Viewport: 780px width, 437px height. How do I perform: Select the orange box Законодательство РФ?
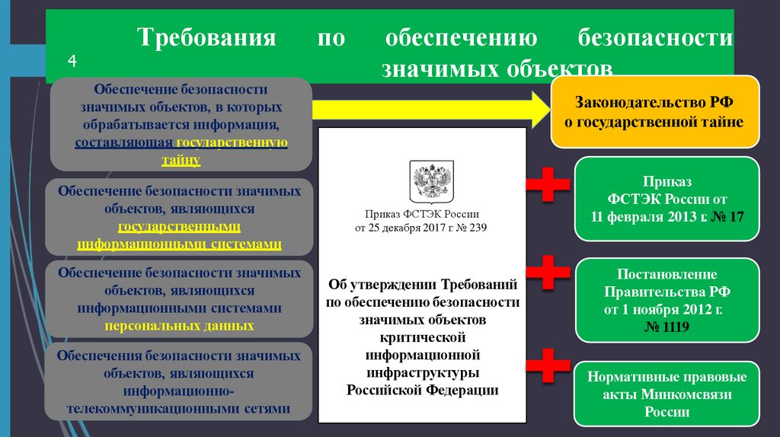(x=654, y=111)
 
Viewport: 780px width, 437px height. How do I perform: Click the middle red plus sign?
(x=547, y=273)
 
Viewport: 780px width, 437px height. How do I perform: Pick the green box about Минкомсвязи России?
(x=667, y=394)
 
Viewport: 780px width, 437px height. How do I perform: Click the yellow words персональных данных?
(x=180, y=325)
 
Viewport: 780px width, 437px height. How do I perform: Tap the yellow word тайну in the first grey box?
(x=181, y=158)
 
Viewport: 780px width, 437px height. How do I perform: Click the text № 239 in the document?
(x=469, y=228)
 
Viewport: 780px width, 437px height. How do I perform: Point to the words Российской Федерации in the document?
(x=422, y=389)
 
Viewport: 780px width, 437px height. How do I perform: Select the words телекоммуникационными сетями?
(x=179, y=408)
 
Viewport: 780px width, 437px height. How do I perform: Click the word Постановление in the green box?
(x=667, y=274)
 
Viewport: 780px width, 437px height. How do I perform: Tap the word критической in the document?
(x=422, y=337)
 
